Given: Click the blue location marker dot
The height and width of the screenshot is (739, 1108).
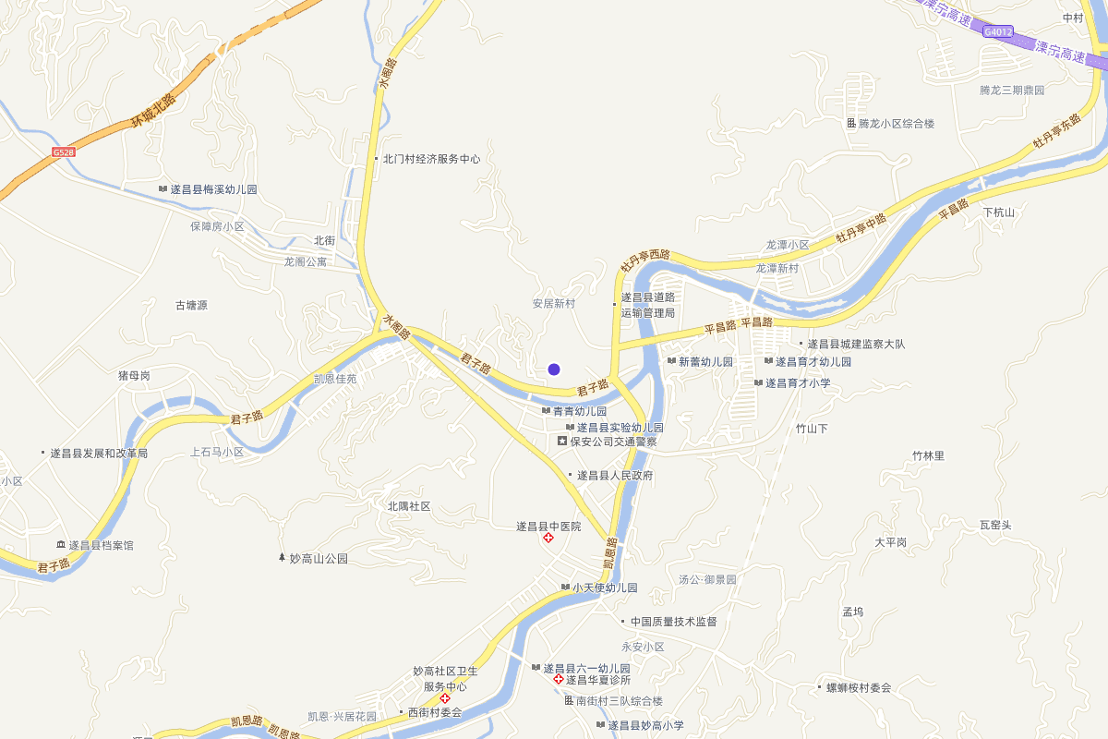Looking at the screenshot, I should [554, 369].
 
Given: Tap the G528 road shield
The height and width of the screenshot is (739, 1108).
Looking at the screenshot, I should [64, 151].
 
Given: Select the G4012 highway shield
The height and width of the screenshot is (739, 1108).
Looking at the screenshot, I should [998, 31].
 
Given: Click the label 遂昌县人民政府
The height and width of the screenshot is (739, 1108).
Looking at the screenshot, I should [615, 476].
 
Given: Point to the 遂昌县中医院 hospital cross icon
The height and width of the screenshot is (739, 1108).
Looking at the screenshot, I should [548, 538].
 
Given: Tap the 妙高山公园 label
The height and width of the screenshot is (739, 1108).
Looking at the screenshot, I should [319, 559].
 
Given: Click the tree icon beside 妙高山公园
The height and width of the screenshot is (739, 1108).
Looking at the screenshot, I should [283, 558].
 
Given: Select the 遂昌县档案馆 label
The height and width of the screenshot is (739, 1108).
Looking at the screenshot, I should [101, 546].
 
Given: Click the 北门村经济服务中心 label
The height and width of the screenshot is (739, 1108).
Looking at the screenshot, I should [432, 159].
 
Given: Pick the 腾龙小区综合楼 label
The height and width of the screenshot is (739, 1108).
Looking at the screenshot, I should [897, 124].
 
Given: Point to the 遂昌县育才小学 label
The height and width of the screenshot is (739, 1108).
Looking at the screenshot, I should [798, 383].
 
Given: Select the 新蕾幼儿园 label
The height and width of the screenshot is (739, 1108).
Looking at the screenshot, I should [705, 362].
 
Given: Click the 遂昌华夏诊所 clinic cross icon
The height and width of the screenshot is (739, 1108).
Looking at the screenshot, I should [558, 680].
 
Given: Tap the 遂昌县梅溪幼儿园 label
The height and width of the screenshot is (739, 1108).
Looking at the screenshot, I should [213, 189].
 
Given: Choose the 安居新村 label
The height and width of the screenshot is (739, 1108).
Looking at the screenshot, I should [554, 304].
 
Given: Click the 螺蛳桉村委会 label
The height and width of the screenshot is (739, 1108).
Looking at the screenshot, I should [859, 688].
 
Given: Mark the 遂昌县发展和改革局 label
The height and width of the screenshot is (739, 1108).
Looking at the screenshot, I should [99, 454].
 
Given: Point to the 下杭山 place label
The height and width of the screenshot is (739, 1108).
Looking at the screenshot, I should [998, 212].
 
